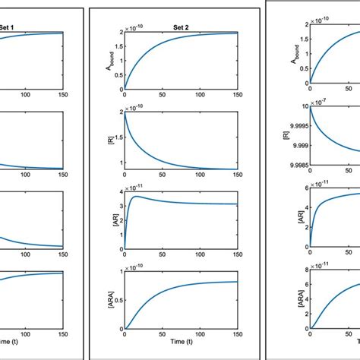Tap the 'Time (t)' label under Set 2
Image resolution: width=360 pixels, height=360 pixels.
(x=181, y=344)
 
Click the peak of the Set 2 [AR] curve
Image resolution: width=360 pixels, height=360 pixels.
(x=137, y=197)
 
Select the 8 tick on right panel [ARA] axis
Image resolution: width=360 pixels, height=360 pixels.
(x=303, y=269)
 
